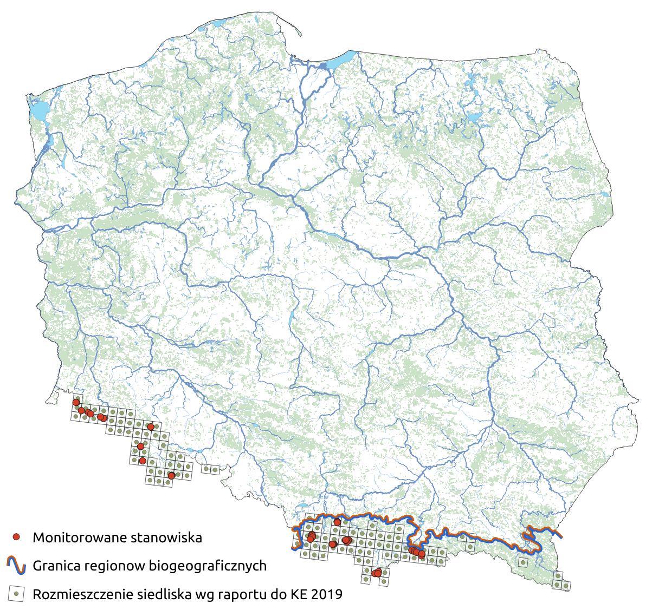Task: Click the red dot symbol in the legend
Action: [x=17, y=537]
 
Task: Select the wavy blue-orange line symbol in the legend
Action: [x=17, y=566]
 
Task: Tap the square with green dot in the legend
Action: [x=17, y=594]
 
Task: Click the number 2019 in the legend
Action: [x=327, y=594]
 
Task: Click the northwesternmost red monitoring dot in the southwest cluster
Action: [x=76, y=403]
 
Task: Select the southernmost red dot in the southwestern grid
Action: [x=171, y=475]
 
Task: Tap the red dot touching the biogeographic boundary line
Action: [x=337, y=522]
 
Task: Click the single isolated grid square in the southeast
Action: [x=522, y=562]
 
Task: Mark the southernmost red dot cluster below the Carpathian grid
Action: [x=376, y=573]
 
